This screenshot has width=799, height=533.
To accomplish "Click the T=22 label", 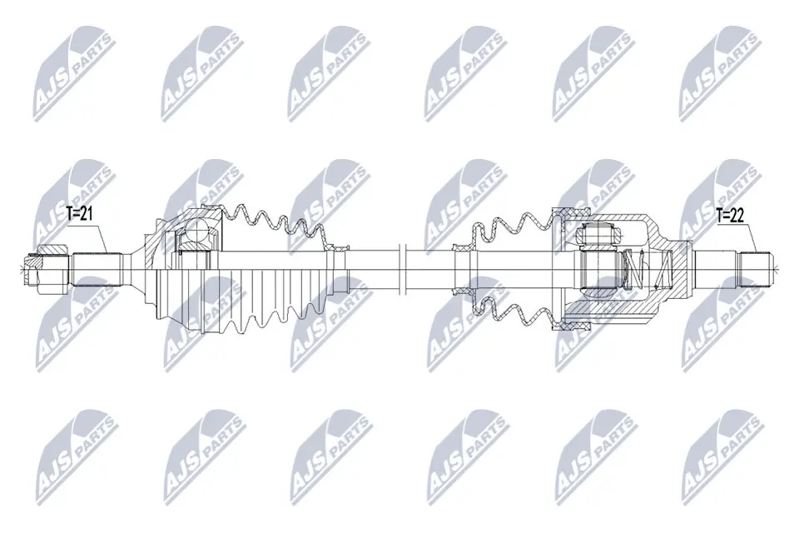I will point(731,214).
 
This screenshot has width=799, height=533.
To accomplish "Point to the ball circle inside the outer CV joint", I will point(199,232).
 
